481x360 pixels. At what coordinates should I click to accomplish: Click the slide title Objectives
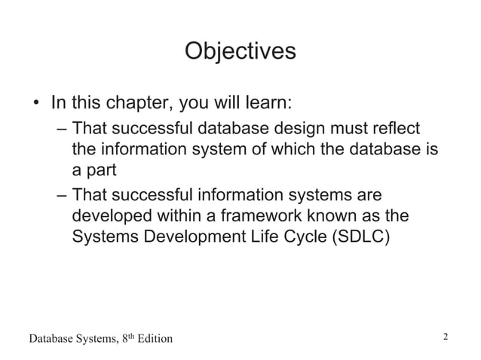(240, 52)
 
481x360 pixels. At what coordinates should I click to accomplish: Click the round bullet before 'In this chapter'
(35, 102)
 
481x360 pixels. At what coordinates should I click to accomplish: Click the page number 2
(446, 337)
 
